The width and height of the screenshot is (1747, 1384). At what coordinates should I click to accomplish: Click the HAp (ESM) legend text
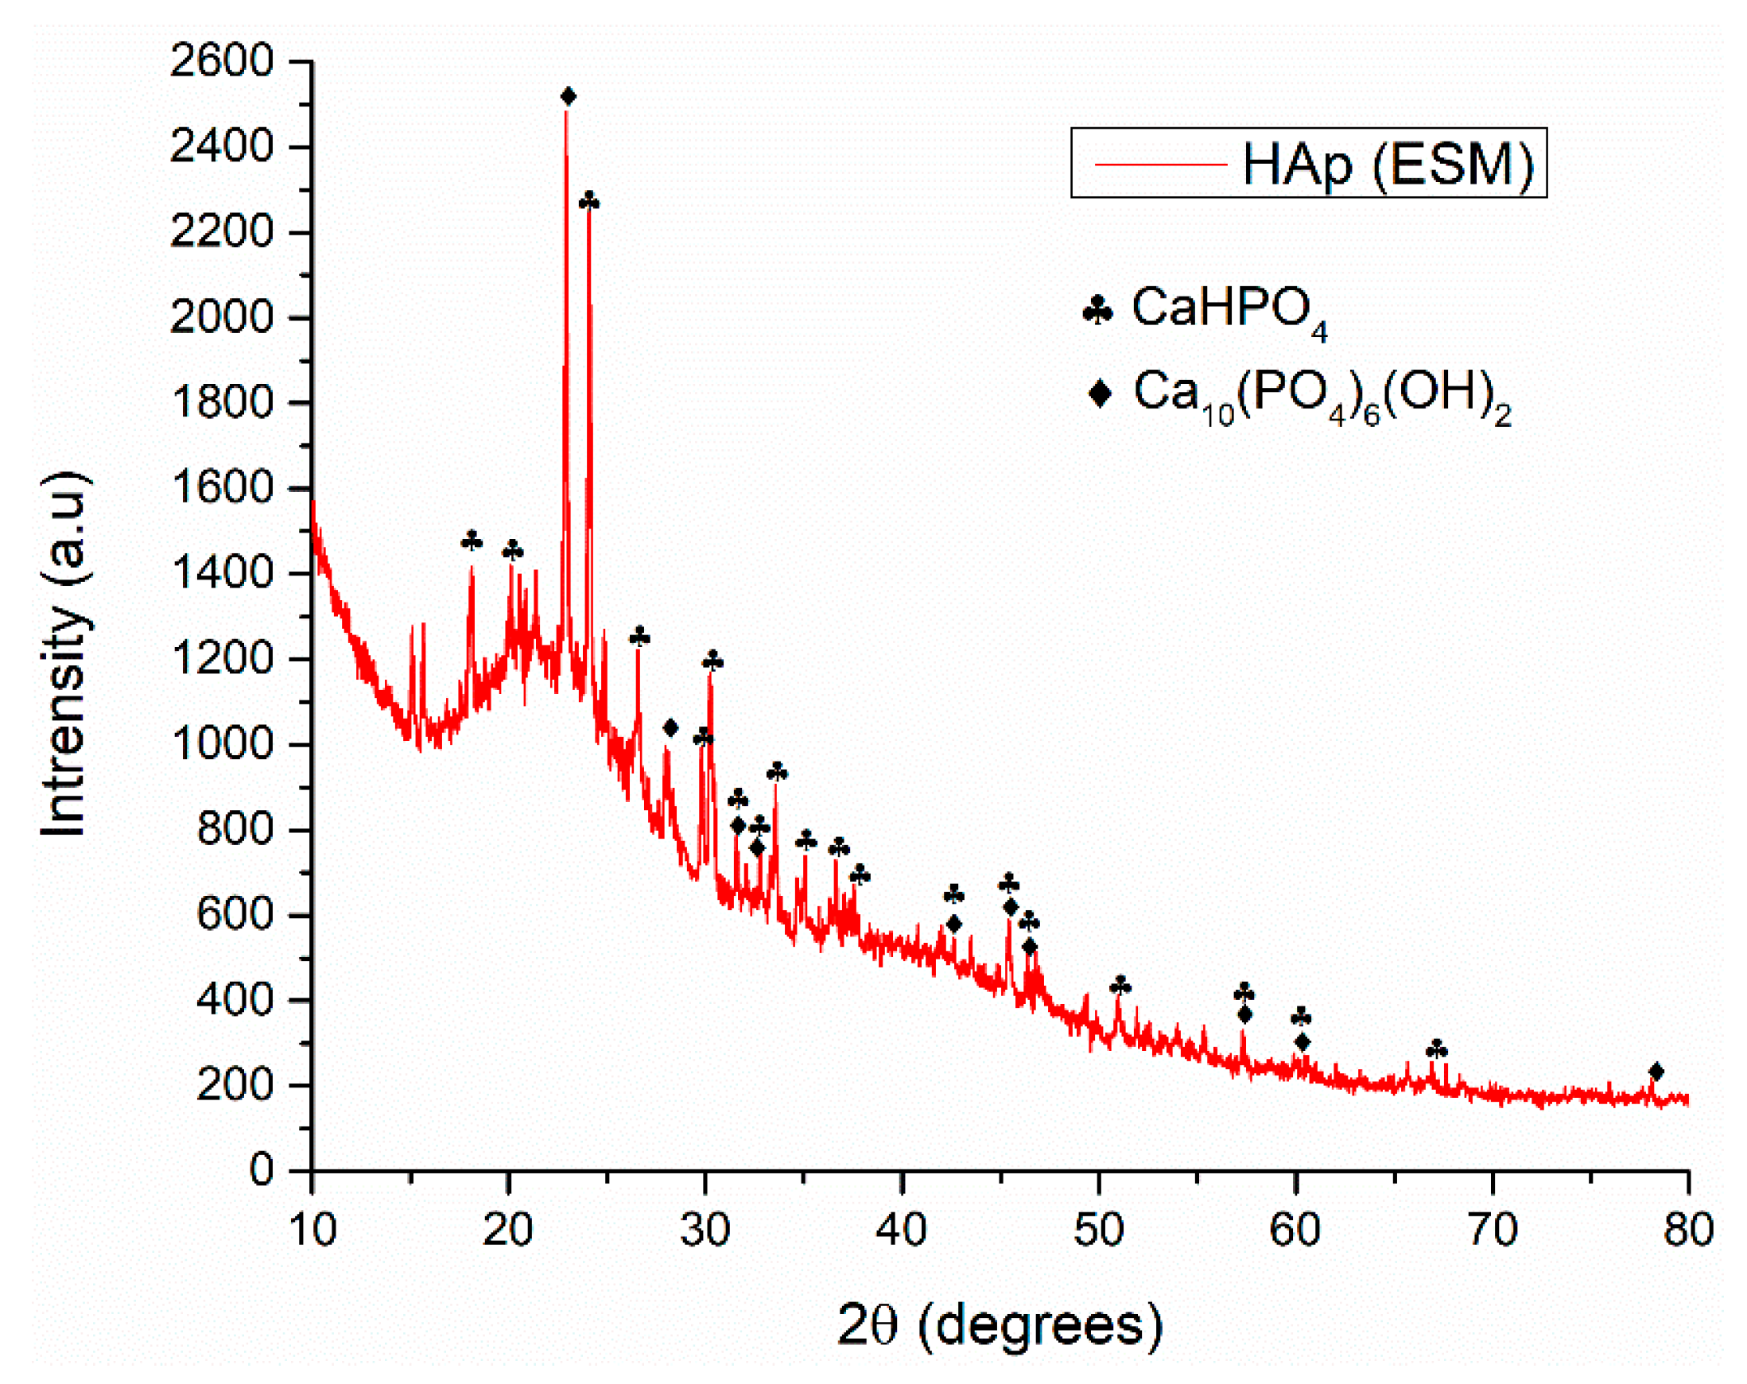point(1388,165)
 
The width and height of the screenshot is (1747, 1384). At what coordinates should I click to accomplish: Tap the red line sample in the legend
point(1160,165)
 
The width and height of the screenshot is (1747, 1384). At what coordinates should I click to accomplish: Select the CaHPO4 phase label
point(1229,310)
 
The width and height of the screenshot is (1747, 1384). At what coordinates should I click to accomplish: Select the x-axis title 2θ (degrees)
point(1000,1325)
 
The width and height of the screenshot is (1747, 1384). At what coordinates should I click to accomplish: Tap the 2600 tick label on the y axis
point(221,60)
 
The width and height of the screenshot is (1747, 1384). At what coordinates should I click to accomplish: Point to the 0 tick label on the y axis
point(261,1169)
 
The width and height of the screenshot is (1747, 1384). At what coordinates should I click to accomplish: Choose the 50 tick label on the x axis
point(1098,1229)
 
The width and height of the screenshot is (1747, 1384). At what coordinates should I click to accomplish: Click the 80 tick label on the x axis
point(1688,1229)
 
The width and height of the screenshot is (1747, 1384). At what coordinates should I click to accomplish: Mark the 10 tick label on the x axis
point(312,1229)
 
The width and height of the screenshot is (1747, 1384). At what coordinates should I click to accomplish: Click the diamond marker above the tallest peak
point(568,96)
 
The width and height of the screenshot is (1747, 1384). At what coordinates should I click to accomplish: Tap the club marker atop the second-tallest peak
point(589,200)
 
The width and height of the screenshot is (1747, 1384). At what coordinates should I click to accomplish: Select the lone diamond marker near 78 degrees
point(1656,1072)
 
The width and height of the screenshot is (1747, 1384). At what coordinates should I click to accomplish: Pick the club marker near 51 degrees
point(1120,986)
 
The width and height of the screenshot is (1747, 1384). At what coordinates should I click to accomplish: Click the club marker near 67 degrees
point(1437,1049)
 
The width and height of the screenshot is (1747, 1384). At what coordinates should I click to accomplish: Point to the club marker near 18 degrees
point(472,540)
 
